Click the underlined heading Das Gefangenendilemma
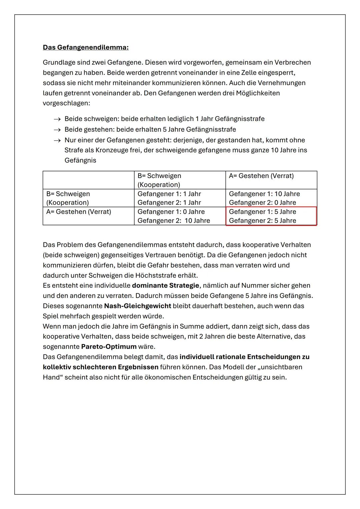click(x=86, y=47)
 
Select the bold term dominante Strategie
click(x=165, y=286)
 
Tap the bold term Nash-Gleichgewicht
click(x=137, y=306)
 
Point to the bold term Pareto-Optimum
click(x=109, y=347)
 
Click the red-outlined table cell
click(x=271, y=216)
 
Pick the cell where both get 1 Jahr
click(x=180, y=198)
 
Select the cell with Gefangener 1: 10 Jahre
click(x=271, y=198)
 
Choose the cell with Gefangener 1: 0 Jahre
click(x=180, y=216)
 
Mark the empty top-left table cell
click(x=88, y=180)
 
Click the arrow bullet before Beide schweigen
click(x=57, y=119)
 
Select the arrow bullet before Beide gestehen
click(x=57, y=130)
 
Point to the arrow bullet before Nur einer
click(x=57, y=140)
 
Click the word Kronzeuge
click(x=111, y=150)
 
